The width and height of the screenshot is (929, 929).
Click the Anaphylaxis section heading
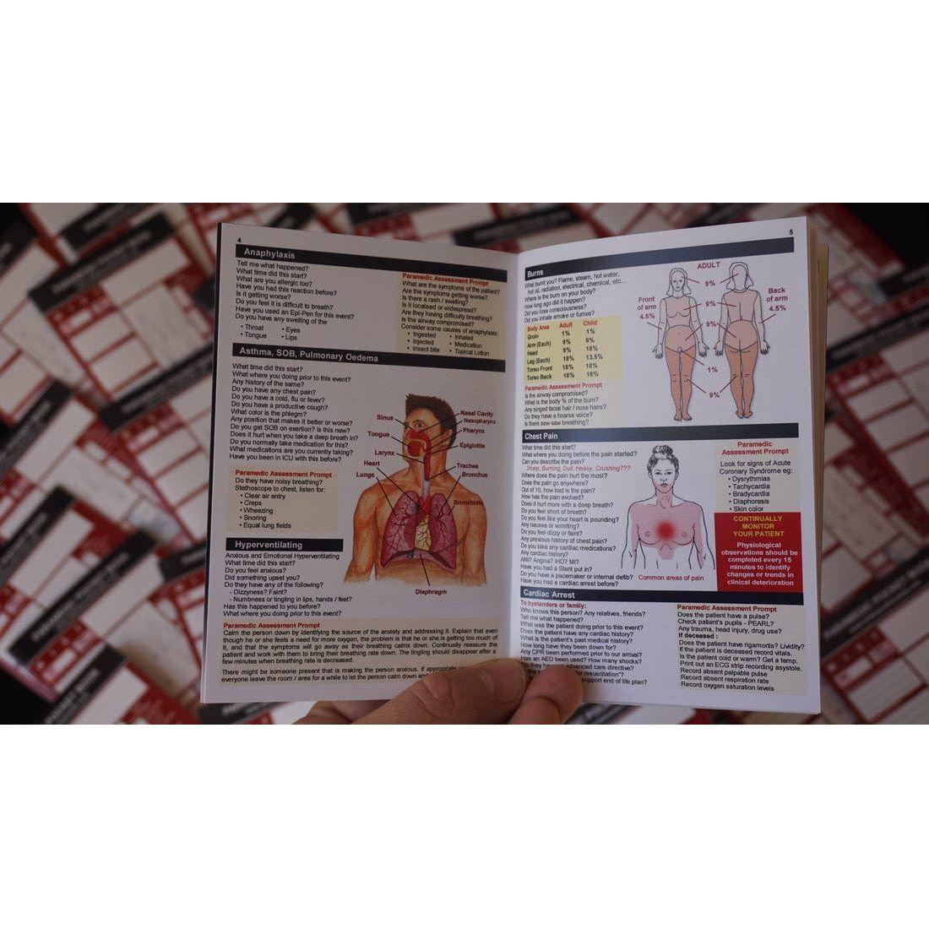point(269,252)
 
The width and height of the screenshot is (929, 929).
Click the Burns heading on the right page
point(535,273)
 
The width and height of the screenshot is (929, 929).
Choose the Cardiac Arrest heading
point(550,595)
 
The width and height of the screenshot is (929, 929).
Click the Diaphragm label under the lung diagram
point(431,592)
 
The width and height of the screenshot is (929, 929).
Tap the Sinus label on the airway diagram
point(385,417)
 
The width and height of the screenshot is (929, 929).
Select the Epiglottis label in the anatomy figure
point(472,445)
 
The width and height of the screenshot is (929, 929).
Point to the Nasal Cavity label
point(477,414)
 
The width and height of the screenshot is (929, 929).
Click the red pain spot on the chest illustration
point(666,530)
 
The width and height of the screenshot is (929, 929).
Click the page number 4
point(240,239)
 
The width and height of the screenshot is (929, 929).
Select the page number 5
point(790,232)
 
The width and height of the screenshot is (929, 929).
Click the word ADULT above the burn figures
point(709,265)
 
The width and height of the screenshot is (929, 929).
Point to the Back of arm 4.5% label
point(777,300)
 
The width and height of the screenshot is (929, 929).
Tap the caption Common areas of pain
point(671,578)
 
